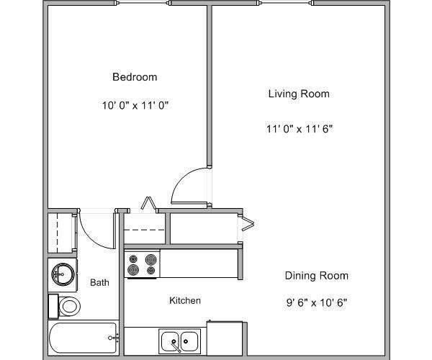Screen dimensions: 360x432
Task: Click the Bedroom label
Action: (135, 77)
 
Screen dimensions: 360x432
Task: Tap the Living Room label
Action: (299, 94)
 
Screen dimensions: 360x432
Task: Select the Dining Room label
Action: (317, 276)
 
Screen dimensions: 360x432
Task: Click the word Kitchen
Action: (185, 300)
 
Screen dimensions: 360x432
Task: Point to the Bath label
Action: (99, 283)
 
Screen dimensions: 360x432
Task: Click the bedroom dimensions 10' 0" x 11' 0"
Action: (135, 105)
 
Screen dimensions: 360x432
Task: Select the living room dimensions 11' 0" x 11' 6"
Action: (299, 129)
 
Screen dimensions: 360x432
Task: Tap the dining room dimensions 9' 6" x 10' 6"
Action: (317, 302)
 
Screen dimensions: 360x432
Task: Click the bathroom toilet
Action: (66, 305)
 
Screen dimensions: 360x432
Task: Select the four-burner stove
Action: (142, 264)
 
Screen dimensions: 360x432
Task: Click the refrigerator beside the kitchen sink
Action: (225, 338)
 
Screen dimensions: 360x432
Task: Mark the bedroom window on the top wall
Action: (143, 4)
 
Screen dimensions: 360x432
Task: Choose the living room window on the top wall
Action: (286, 4)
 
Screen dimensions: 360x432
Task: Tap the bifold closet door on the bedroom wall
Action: (150, 204)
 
